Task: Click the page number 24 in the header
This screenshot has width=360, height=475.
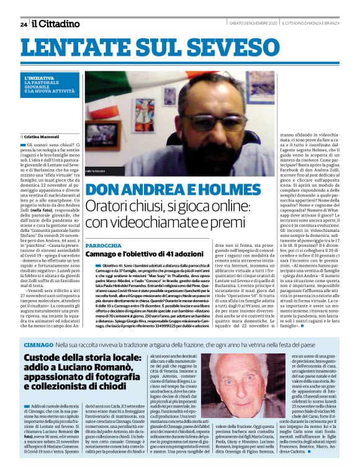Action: tap(24, 24)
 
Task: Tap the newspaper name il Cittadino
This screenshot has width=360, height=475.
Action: tap(56, 24)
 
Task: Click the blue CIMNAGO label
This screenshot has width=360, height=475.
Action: tap(38, 344)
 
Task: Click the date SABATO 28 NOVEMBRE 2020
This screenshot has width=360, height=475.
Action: tap(251, 24)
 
